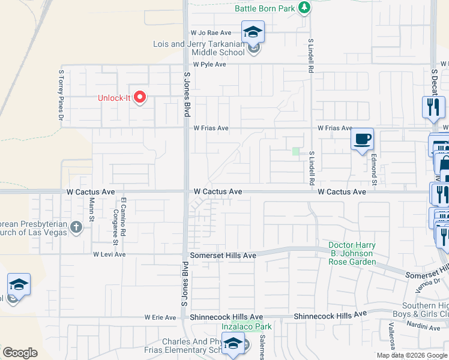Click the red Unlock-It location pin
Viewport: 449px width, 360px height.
click(140, 97)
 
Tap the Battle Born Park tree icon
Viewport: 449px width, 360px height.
click(306, 7)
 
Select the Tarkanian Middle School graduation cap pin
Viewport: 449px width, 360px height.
click(253, 32)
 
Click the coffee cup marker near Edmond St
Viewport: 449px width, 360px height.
click(362, 140)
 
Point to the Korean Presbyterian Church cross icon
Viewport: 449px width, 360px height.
click(76, 227)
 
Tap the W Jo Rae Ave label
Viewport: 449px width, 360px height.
click(211, 32)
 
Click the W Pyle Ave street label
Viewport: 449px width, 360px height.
click(209, 64)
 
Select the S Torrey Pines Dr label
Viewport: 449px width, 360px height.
click(61, 96)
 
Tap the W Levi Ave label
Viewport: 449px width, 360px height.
click(109, 254)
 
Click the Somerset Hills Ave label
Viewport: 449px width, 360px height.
click(223, 256)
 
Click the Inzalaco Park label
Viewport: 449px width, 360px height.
click(247, 327)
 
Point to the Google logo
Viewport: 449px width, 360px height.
click(20, 353)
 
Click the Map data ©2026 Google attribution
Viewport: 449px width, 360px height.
click(412, 355)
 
